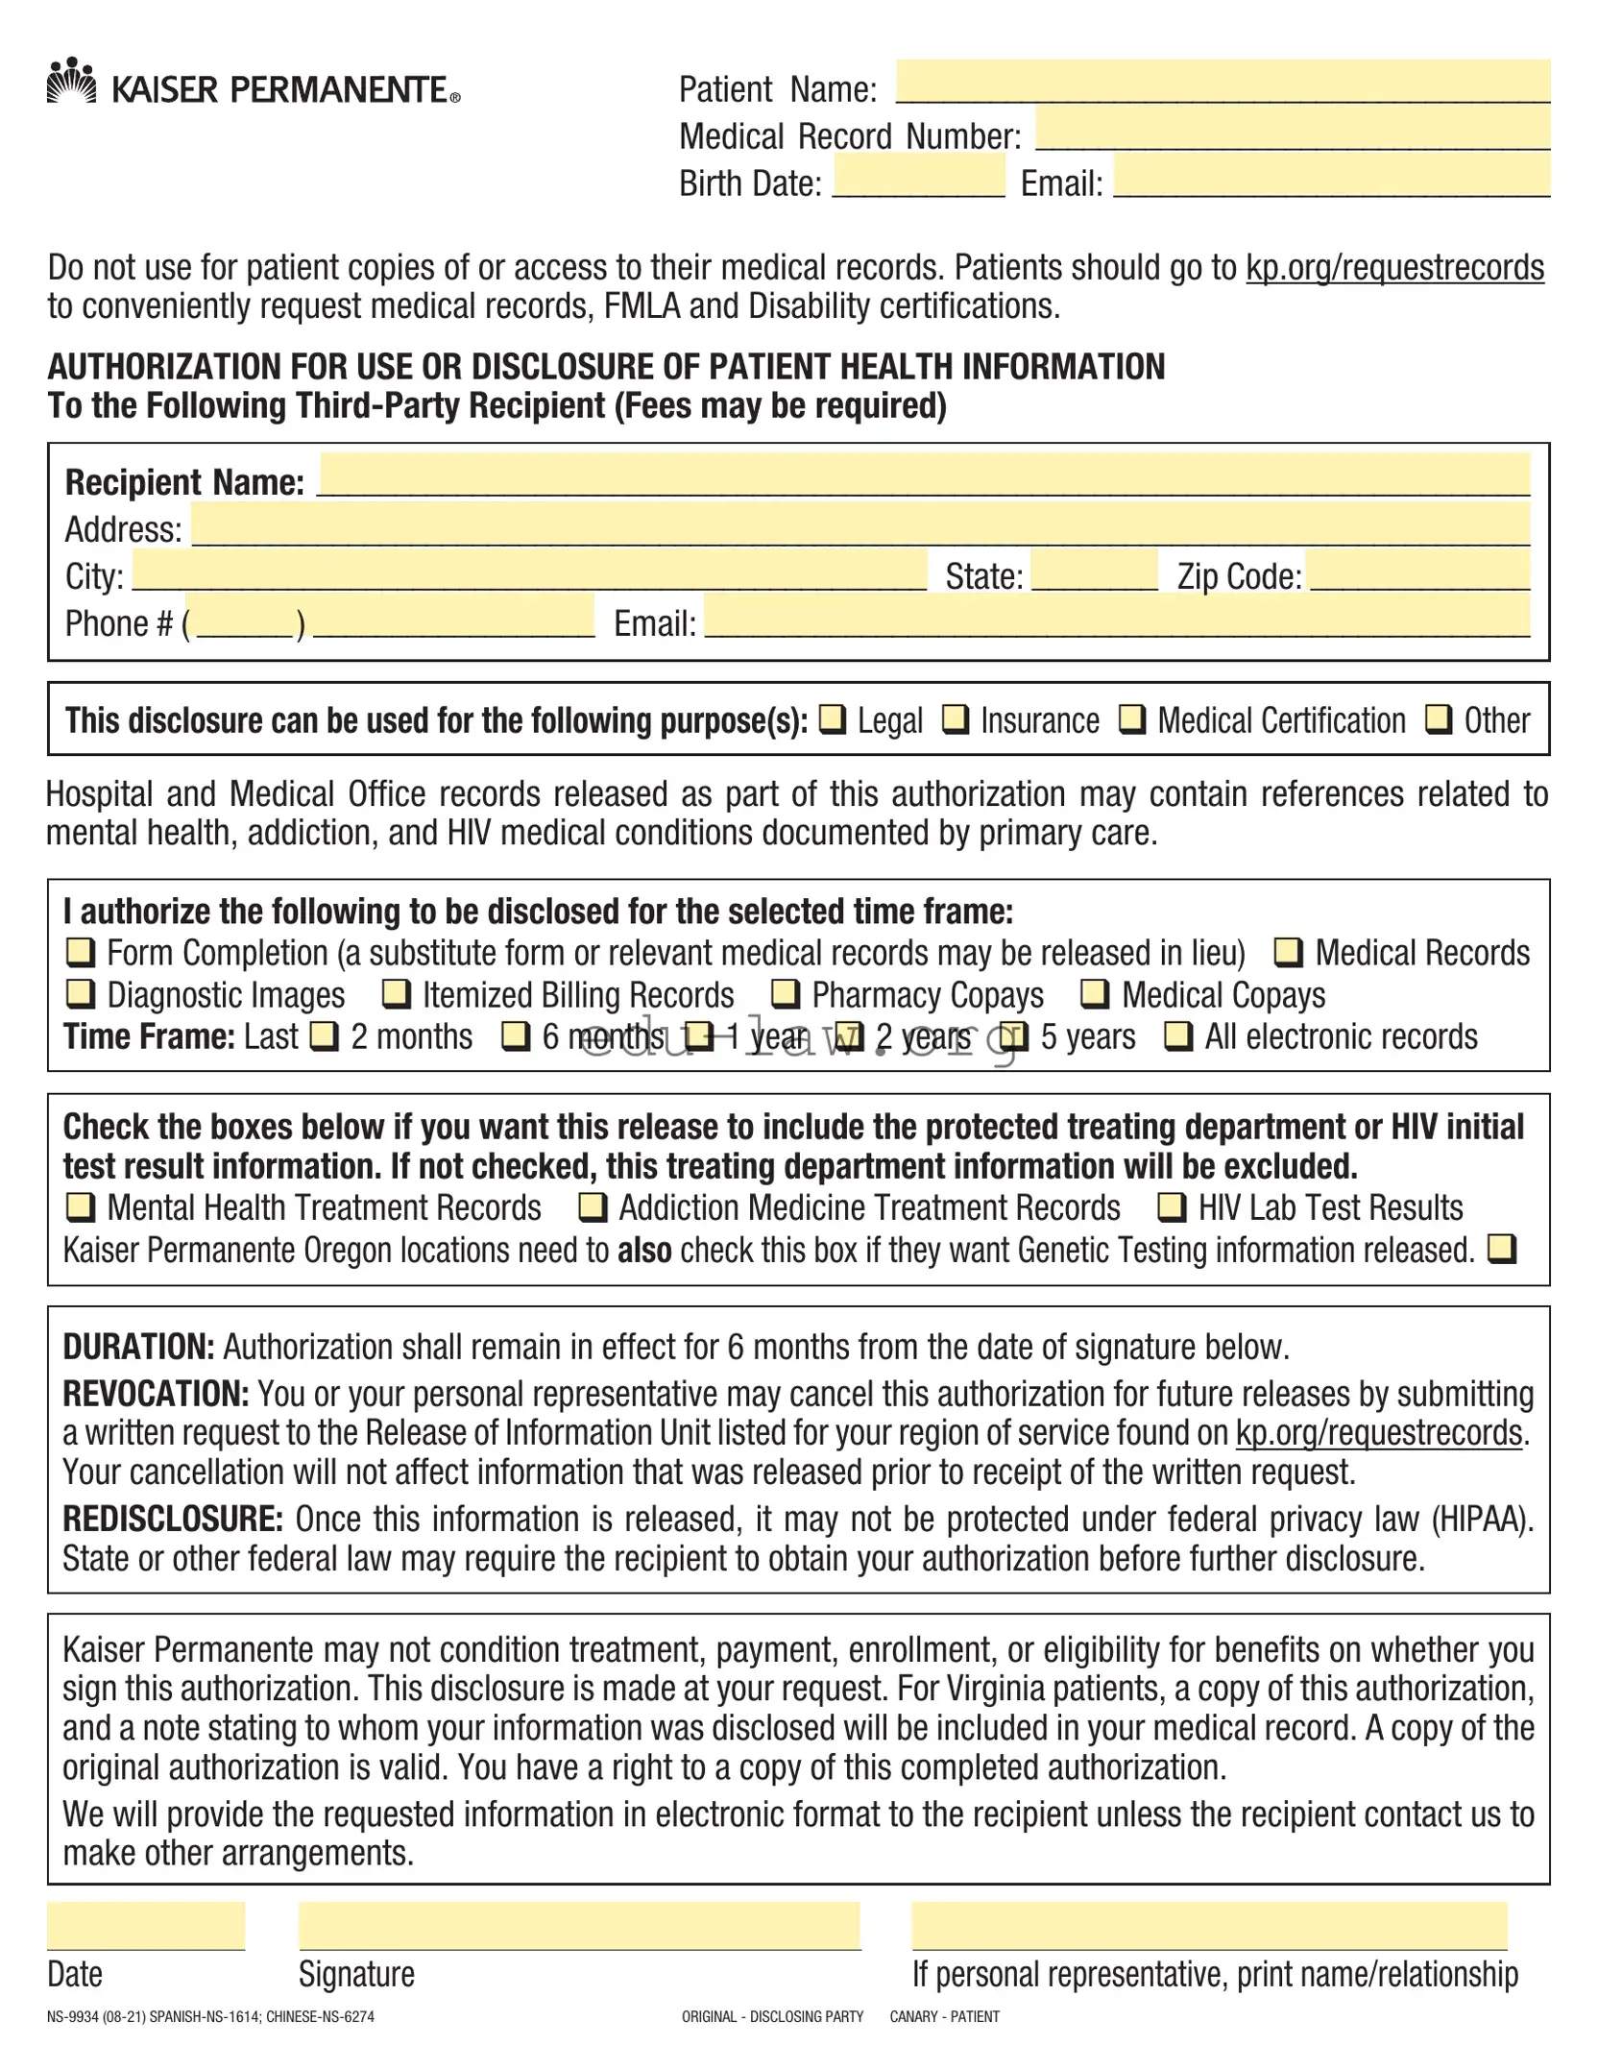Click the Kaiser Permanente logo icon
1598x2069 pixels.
pyautogui.click(x=71, y=82)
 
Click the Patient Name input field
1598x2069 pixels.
pyautogui.click(x=1222, y=81)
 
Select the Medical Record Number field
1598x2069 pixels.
pyautogui.click(x=1292, y=128)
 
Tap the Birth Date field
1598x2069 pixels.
pyautogui.click(x=918, y=176)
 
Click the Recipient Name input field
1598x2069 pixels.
pyautogui.click(x=923, y=475)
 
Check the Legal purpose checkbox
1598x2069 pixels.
pyautogui.click(x=833, y=718)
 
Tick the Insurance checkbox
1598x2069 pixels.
pyautogui.click(x=956, y=718)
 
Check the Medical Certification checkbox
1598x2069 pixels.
pyautogui.click(x=1133, y=718)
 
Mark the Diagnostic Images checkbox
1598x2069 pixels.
pyautogui.click(x=81, y=993)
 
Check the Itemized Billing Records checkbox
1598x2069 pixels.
pyautogui.click(x=397, y=993)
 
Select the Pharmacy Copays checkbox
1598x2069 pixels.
pyautogui.click(x=786, y=993)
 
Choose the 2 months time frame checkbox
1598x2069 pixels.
pyautogui.click(x=326, y=1035)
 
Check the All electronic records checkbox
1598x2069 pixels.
pyautogui.click(x=1178, y=1035)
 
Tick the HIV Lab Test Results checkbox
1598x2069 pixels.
pyautogui.click(x=1172, y=1206)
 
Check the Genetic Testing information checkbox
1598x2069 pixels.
pyautogui.click(x=1502, y=1249)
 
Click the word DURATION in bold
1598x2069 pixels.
pyautogui.click(x=138, y=1347)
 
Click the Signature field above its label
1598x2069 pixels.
pyautogui.click(x=579, y=1926)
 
